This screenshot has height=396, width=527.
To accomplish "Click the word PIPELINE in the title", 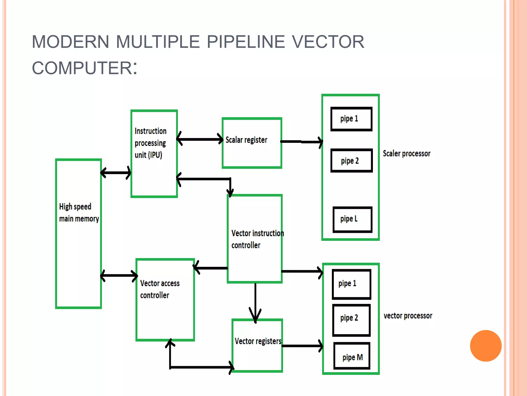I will (246, 42).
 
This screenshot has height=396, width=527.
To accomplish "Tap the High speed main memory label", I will (78, 213).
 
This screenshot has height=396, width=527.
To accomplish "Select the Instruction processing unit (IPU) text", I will (151, 143).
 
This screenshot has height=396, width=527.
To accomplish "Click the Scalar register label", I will (246, 140).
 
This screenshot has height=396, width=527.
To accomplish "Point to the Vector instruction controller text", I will (257, 239).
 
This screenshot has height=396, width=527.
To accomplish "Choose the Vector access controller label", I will (160, 289).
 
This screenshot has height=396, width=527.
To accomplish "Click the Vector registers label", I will (258, 341).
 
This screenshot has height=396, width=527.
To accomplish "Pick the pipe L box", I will (352, 219).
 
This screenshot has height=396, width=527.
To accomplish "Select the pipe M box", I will (352, 356).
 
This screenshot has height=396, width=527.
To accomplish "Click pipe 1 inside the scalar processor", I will (351, 119).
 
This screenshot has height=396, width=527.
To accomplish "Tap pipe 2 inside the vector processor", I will (351, 320).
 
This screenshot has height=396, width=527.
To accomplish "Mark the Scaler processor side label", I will (406, 154).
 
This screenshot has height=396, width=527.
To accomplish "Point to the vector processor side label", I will (408, 316).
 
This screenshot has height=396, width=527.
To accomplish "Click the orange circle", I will (486, 346).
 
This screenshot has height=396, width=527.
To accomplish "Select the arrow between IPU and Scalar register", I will (200, 139).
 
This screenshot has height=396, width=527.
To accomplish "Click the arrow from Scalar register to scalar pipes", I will (301, 142).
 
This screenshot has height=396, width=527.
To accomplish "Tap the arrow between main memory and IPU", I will (116, 173).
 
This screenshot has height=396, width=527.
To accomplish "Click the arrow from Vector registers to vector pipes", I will (302, 346).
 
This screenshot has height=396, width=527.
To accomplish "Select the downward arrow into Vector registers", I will (255, 302).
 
